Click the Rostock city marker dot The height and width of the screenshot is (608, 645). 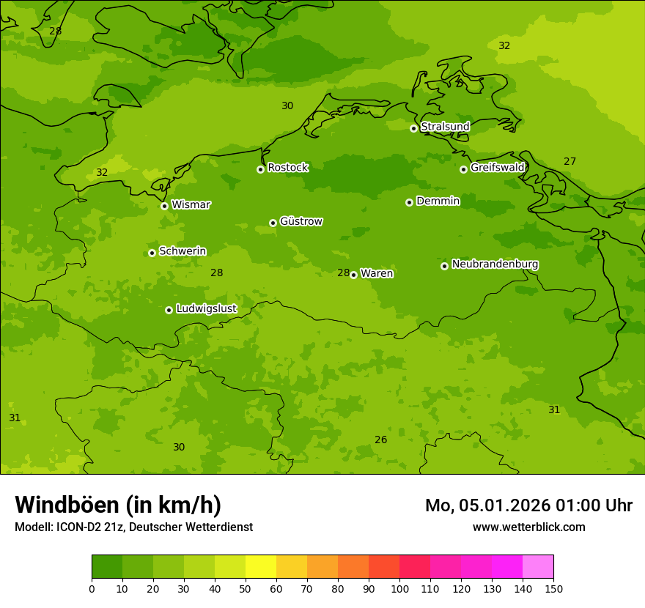(260, 169)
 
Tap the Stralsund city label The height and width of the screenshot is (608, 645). (445, 127)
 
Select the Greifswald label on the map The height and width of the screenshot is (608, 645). (497, 168)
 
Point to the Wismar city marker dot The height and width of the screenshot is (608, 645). (164, 206)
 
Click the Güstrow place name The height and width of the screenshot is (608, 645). (301, 221)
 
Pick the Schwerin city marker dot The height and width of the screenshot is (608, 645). (152, 253)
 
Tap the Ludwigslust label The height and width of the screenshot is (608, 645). (206, 308)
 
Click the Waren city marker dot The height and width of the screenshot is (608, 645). (353, 275)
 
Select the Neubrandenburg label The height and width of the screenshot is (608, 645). (495, 264)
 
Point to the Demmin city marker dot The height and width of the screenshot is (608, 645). (409, 202)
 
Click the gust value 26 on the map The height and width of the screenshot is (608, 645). (380, 440)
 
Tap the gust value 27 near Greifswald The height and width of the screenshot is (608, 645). (570, 161)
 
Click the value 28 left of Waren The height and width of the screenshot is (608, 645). (343, 273)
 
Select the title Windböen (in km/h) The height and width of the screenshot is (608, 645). (118, 505)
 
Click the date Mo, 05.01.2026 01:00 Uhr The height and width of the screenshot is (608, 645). (528, 505)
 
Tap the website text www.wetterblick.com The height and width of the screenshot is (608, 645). (528, 527)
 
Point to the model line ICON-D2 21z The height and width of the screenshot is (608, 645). (133, 527)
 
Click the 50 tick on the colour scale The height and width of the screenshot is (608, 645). (246, 588)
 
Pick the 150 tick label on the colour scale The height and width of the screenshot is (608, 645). (553, 588)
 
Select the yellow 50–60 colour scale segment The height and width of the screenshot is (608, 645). (261, 567)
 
